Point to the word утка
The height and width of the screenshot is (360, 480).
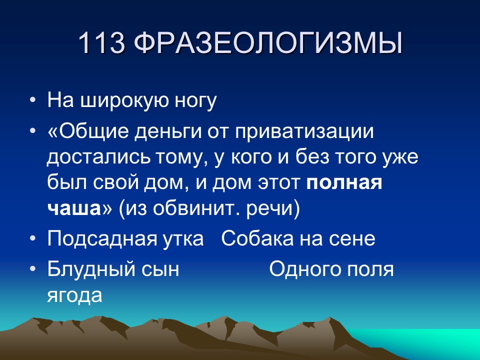pos(183,239)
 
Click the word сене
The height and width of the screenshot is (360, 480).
pos(354,239)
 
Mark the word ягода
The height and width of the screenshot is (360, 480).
pos(74,295)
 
